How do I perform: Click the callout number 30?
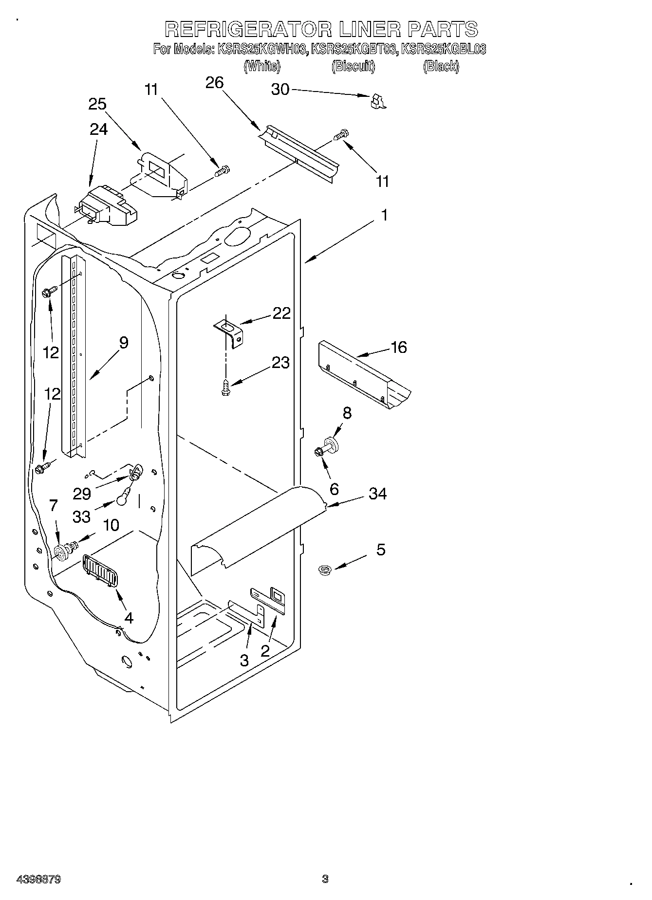tap(280, 90)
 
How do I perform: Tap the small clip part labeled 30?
tap(377, 101)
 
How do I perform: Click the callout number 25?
tap(97, 104)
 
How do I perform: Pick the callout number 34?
tap(377, 494)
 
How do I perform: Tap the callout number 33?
tap(81, 516)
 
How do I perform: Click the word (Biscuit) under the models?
tap(353, 67)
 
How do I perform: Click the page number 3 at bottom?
tap(325, 879)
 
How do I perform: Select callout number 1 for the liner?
tap(384, 215)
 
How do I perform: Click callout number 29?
tap(81, 494)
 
